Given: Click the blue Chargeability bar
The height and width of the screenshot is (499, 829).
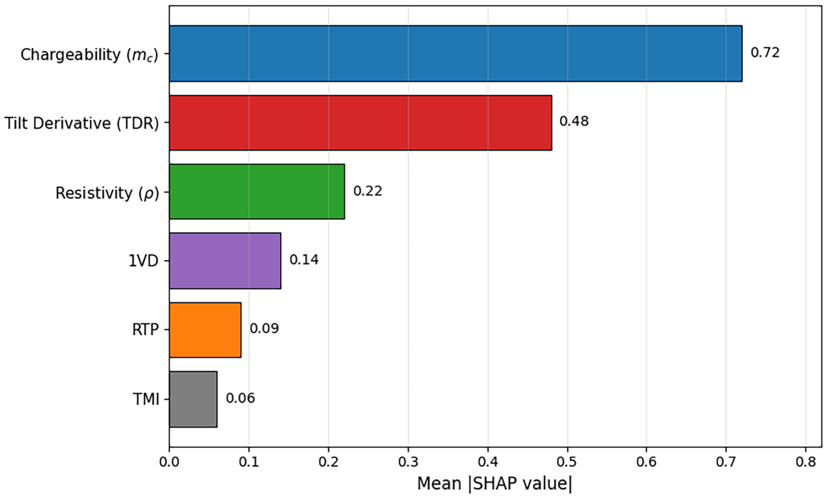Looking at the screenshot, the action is click(456, 54).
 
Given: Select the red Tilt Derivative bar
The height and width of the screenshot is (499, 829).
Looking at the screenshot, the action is click(361, 123).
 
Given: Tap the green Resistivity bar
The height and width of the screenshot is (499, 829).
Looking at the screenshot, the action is click(257, 192).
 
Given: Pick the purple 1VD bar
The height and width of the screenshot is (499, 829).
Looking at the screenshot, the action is click(225, 261).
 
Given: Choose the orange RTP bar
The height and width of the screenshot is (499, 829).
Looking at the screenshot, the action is click(205, 330).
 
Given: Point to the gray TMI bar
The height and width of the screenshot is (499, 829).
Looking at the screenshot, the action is click(193, 399).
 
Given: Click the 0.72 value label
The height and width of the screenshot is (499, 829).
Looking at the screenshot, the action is click(765, 53).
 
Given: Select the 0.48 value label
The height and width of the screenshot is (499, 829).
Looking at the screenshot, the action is click(574, 122).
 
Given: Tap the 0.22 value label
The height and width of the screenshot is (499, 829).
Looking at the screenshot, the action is click(367, 191).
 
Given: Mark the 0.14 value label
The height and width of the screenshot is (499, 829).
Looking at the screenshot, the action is click(304, 260).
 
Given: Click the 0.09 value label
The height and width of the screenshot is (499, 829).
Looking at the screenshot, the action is click(264, 329).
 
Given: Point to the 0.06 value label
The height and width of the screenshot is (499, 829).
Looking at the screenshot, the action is click(240, 399).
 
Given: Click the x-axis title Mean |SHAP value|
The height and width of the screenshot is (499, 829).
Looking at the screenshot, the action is click(495, 484).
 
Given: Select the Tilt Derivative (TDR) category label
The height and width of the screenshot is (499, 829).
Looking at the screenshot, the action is click(81, 124).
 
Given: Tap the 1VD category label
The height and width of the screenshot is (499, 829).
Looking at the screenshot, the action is click(143, 261).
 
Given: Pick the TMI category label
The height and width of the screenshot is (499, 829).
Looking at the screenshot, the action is click(146, 400).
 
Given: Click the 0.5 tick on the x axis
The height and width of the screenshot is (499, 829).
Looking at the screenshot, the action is click(567, 462).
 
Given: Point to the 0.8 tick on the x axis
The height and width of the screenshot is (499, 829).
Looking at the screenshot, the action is click(806, 462).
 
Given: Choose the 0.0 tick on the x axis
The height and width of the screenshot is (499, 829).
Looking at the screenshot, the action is click(170, 462).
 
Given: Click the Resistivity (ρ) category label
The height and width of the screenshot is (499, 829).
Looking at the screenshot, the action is click(107, 193).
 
